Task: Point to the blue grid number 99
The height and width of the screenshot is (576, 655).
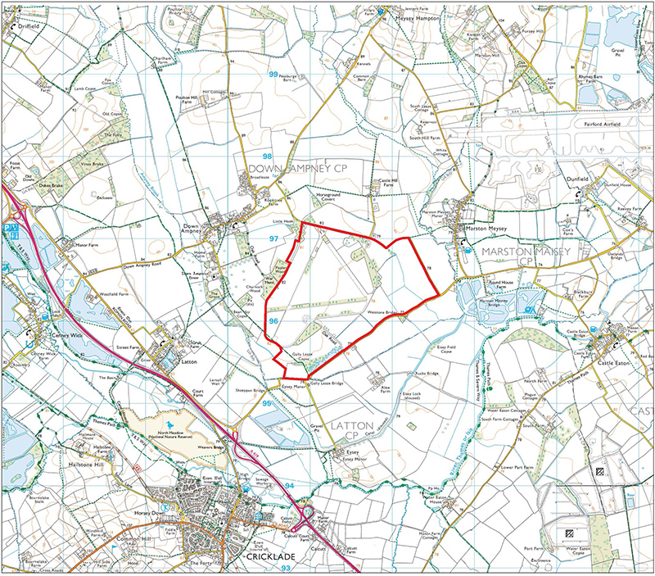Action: [x=272, y=75]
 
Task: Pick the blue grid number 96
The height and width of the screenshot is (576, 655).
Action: [x=274, y=322]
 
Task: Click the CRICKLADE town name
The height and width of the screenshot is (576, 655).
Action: [x=269, y=556]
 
